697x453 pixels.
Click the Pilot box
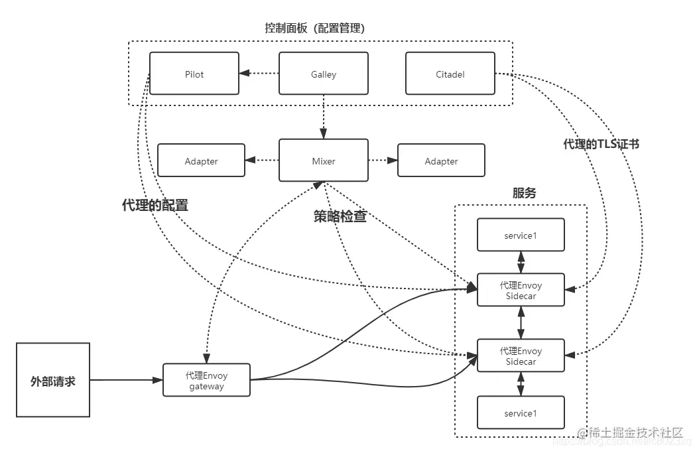point(194,74)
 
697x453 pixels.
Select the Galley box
point(324,74)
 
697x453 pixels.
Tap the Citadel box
point(450,74)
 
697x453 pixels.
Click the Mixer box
point(324,161)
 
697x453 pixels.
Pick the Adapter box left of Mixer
point(201,161)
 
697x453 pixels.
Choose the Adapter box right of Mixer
point(441,161)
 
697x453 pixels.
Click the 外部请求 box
point(53,380)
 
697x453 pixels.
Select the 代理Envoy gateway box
point(207,380)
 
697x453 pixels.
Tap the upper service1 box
point(521,235)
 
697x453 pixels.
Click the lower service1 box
point(521,413)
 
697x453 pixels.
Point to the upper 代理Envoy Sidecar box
point(521,291)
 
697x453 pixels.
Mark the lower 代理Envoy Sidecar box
point(521,356)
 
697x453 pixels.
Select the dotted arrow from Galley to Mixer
point(324,117)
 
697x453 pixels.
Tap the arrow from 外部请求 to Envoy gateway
point(126,380)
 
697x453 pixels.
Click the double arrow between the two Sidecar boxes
point(521,323)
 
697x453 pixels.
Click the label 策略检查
point(340,216)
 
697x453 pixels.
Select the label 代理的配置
point(155,205)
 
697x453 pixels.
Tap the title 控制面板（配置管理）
point(314,29)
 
